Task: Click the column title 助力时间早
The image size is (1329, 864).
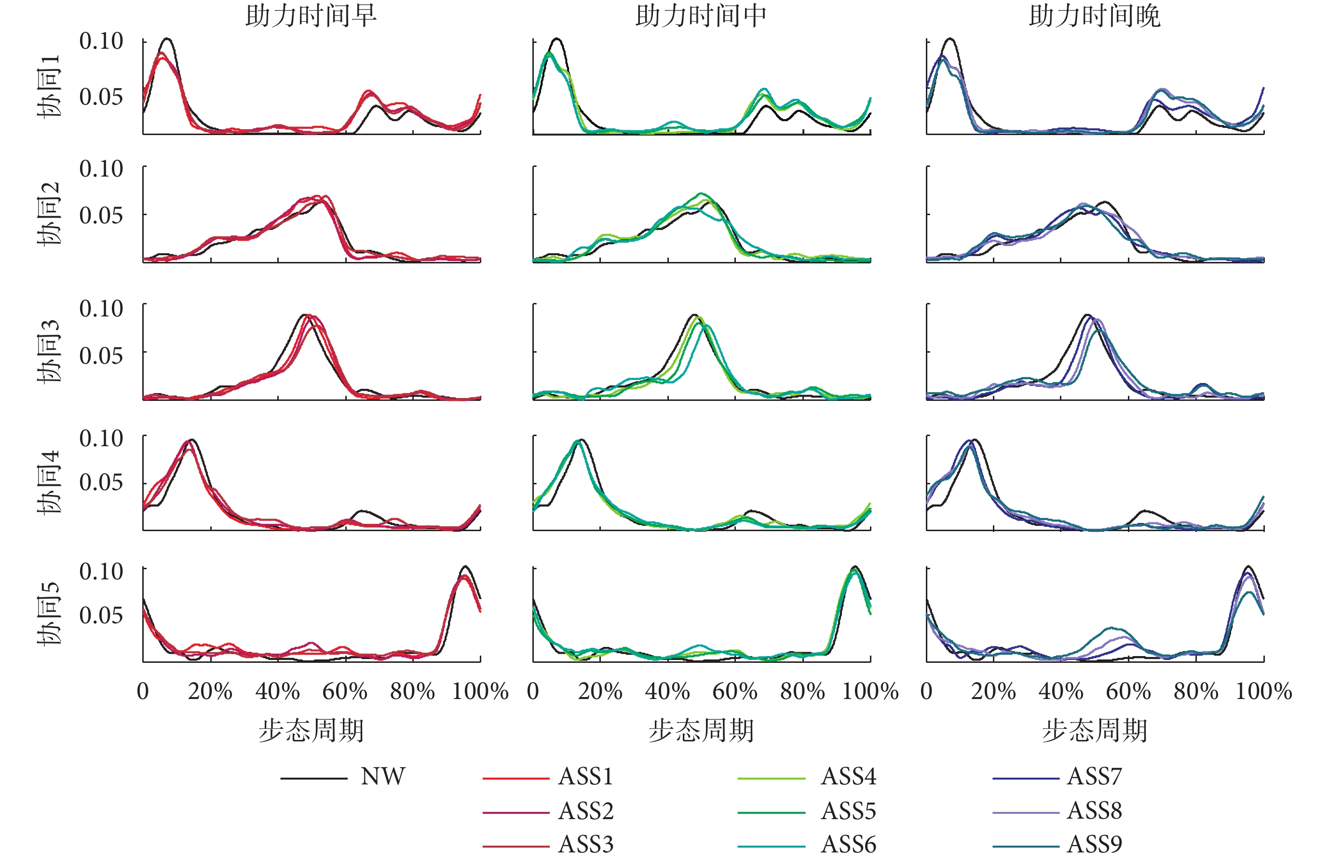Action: [x=311, y=15]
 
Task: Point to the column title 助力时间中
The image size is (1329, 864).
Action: [x=701, y=15]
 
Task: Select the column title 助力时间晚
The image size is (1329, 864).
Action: [x=1095, y=15]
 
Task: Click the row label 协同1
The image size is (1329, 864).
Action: [x=49, y=86]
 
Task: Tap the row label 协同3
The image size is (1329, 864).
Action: [x=49, y=351]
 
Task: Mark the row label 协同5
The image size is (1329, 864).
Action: [x=49, y=614]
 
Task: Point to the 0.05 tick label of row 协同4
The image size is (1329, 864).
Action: [x=101, y=482]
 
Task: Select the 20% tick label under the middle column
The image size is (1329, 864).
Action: [x=600, y=691]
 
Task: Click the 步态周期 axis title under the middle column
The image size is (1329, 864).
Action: [x=701, y=730]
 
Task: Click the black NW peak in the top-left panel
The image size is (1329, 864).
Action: [x=167, y=39]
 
